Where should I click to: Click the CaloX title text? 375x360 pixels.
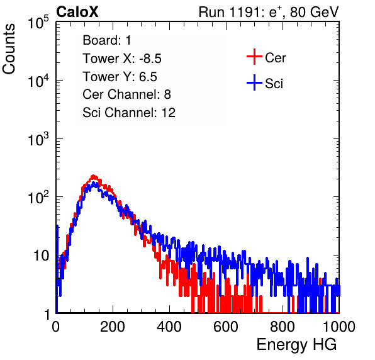coord(77,12)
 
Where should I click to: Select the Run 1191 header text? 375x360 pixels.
coord(269,12)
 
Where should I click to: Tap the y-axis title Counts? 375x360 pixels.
coord(9,49)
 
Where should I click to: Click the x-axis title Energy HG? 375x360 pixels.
coord(296,345)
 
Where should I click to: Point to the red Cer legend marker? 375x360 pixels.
coord(254,57)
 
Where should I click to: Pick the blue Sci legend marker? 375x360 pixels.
coord(254,82)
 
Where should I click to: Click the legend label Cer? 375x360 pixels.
coord(275,58)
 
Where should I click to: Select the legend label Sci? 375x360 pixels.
coord(274,84)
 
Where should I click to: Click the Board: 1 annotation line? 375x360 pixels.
coord(107,40)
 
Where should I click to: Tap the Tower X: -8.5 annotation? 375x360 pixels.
coord(122,59)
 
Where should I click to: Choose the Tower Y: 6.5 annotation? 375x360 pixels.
coord(120,77)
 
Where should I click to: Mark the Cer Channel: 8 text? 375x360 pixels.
coord(126,94)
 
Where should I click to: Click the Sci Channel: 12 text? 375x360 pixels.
coord(129,113)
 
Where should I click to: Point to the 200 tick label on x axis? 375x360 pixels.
coord(113,327)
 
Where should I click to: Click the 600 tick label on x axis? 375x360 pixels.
coord(226,327)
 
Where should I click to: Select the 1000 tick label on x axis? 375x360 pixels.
coord(339,327)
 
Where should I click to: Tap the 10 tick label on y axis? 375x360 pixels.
coord(41,256)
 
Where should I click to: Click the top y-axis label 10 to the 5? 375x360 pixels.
coord(38,22)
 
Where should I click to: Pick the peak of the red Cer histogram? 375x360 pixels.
coord(94,176)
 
